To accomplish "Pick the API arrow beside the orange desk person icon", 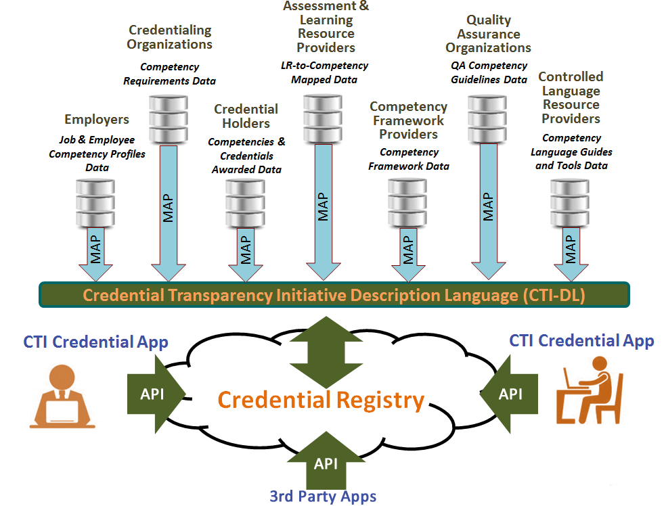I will [154, 393].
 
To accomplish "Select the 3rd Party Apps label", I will [323, 496].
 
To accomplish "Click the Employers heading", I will [96, 120].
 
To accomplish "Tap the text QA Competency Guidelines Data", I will [489, 72].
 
